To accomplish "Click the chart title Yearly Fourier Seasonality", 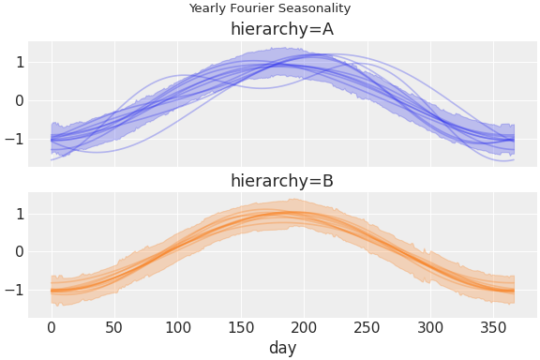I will (x=270, y=8).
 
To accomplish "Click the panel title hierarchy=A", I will (x=282, y=29).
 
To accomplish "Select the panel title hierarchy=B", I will (x=282, y=181).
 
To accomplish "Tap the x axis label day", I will (x=282, y=348).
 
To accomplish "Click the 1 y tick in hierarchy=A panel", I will (x=19, y=63).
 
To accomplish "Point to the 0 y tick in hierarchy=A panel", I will (x=19, y=101).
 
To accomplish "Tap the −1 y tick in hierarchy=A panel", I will (x=15, y=140).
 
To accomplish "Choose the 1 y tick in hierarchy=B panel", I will (x=19, y=214).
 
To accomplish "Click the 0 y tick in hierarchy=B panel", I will (x=19, y=252).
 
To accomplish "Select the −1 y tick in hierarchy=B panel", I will (x=15, y=291).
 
